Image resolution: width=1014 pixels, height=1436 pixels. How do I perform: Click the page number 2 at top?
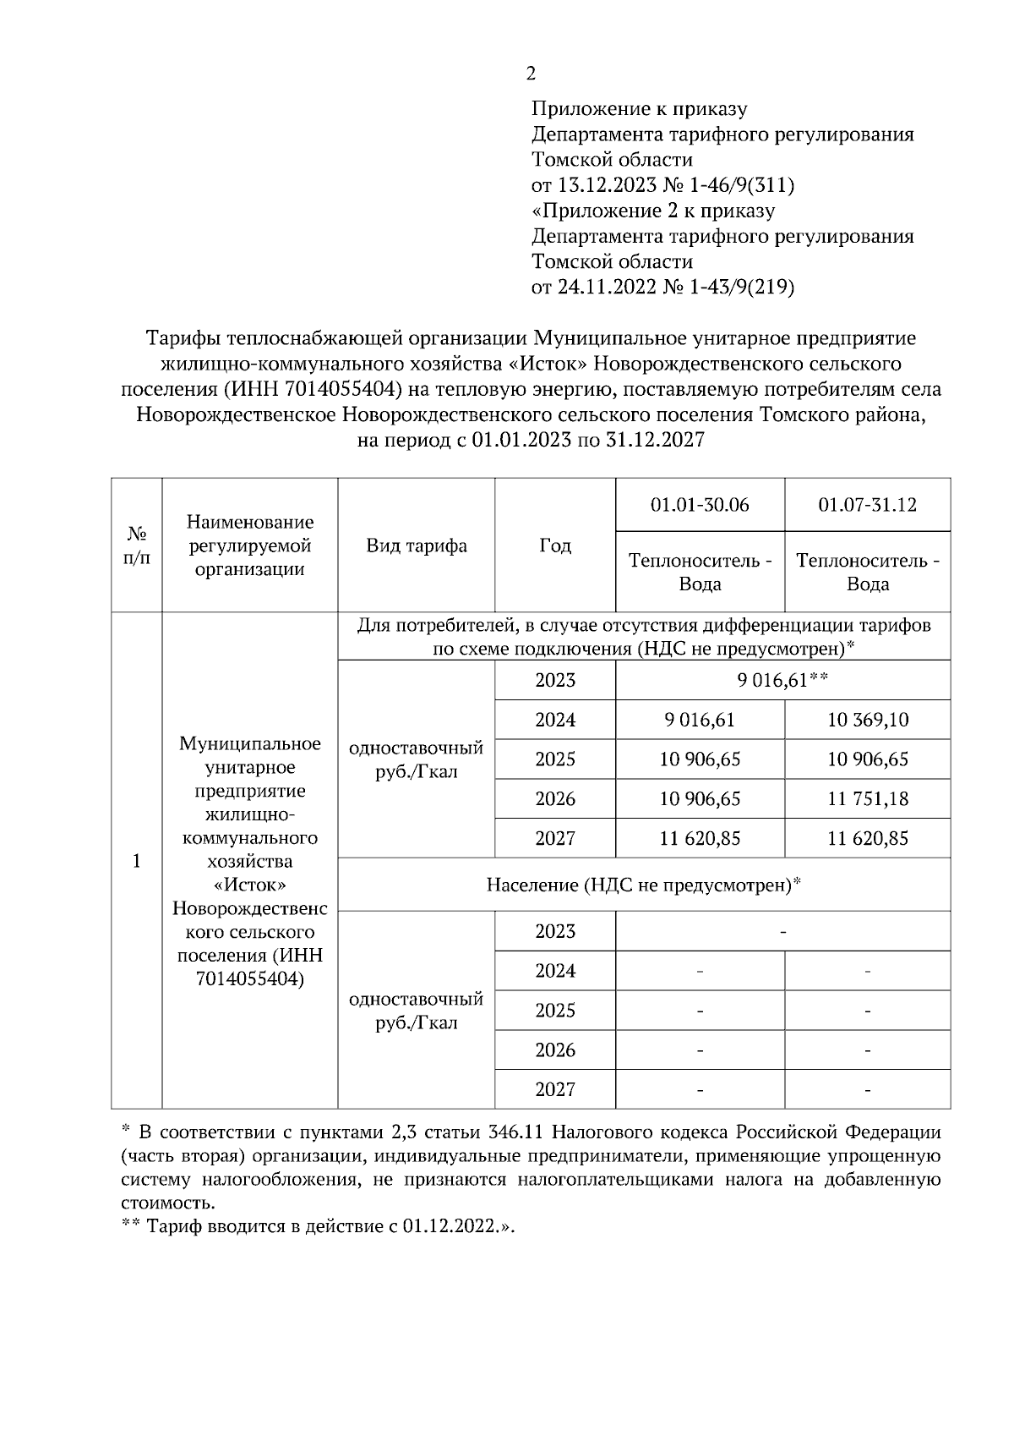click(x=531, y=74)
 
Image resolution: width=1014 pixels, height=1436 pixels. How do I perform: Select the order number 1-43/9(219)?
click(x=742, y=288)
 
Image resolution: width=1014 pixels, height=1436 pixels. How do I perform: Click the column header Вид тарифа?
click(x=417, y=545)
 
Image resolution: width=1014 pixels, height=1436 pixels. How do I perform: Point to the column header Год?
click(x=555, y=545)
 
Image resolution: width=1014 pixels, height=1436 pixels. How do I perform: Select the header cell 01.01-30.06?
click(x=700, y=505)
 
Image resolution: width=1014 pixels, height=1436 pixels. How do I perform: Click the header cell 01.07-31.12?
click(x=867, y=505)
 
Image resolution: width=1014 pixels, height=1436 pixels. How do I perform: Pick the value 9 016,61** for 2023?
click(x=782, y=681)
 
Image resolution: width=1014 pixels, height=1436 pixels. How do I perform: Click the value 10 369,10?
click(x=867, y=720)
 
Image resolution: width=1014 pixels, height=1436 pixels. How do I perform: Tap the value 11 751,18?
click(x=867, y=799)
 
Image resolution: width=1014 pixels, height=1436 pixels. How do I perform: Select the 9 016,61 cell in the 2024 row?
click(x=700, y=720)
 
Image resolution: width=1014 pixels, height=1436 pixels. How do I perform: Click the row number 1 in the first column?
click(x=136, y=861)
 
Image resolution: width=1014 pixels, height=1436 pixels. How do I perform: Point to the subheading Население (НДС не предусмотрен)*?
click(x=643, y=885)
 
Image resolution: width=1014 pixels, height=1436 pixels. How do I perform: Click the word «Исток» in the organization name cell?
click(x=250, y=885)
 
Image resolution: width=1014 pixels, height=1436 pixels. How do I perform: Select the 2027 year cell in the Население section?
click(x=555, y=1089)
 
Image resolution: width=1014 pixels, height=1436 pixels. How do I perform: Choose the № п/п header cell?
click(x=136, y=545)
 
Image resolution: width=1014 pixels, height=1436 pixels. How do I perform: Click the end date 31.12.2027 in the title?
click(x=655, y=441)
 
